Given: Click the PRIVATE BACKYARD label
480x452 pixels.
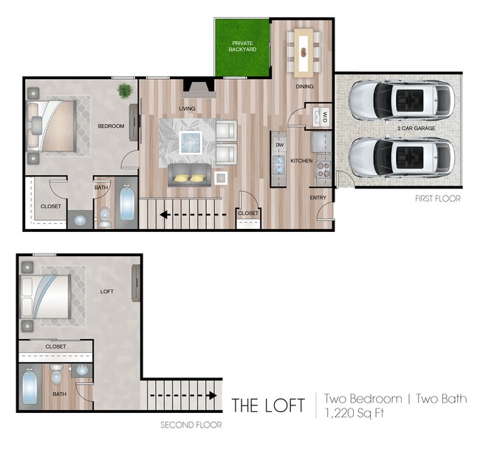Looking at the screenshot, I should [242, 47].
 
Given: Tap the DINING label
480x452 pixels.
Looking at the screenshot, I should [305, 86].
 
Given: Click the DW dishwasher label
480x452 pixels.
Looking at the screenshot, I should [279, 145].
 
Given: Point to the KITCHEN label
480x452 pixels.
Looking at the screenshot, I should [302, 160].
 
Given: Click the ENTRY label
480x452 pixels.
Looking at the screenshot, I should [318, 197].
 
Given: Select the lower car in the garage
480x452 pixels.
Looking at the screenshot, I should [402, 157].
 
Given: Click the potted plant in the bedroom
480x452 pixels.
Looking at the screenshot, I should [125, 91].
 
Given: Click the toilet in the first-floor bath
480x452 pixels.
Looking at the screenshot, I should [106, 215].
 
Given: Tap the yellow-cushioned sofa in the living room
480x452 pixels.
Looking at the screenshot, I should [188, 175].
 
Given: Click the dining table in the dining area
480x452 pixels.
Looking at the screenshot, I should [304, 52].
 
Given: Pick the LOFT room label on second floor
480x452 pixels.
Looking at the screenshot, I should [107, 292].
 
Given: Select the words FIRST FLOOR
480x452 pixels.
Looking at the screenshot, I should [437, 199].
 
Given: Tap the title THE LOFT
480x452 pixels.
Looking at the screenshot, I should [267, 405].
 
